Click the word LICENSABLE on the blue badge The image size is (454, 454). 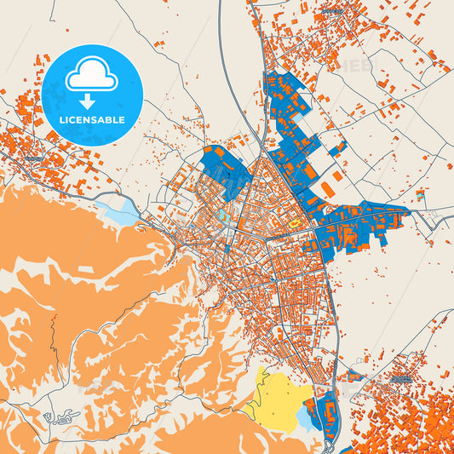[x=91, y=120]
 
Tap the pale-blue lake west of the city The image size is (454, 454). [x=118, y=210]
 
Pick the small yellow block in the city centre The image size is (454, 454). [x=294, y=224]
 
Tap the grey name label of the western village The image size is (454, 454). [x=32, y=158]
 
